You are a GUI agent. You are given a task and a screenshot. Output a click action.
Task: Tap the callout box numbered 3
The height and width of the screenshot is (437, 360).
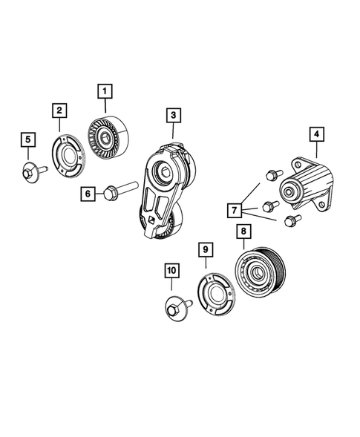pyautogui.click(x=172, y=115)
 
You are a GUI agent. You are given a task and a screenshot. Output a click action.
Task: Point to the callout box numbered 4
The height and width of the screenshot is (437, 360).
pyautogui.click(x=315, y=134)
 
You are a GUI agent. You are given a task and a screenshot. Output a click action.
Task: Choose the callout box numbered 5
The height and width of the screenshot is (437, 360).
pyautogui.click(x=27, y=139)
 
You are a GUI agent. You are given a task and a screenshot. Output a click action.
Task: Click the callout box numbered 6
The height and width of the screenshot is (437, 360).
pyautogui.click(x=88, y=194)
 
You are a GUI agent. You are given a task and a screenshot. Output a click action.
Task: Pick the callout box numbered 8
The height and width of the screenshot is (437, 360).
pyautogui.click(x=242, y=231)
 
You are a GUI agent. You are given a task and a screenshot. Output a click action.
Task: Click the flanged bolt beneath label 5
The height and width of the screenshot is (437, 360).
pyautogui.click(x=31, y=173)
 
